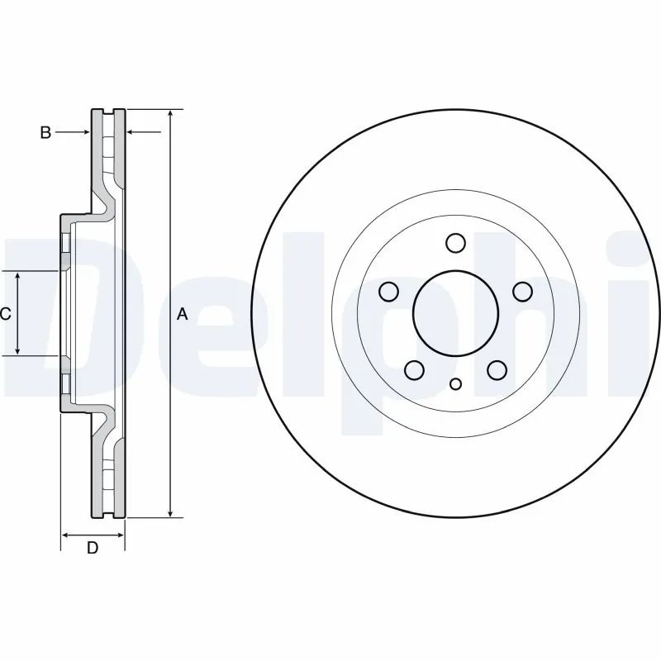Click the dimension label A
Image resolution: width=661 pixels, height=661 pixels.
click(x=183, y=314)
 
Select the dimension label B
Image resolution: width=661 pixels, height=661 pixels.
click(x=45, y=132)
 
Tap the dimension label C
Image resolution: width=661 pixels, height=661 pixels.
click(x=5, y=314)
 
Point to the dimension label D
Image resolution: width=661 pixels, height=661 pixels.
click(x=93, y=548)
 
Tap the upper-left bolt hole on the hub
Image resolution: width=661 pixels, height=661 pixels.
click(x=388, y=292)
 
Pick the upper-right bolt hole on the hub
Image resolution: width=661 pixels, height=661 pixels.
click(x=523, y=292)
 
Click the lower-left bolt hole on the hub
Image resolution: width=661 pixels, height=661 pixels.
click(x=415, y=370)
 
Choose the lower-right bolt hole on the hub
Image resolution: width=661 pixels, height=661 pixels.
click(x=497, y=370)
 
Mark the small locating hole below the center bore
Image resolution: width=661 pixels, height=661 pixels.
click(x=456, y=383)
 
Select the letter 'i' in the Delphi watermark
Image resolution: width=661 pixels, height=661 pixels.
click(x=644, y=314)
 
